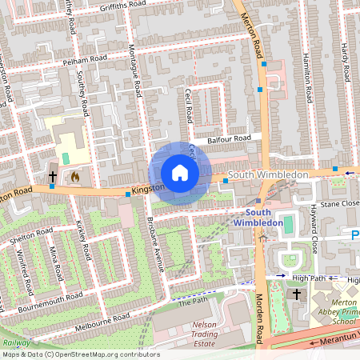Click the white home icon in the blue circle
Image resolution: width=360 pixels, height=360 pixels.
click(180, 173)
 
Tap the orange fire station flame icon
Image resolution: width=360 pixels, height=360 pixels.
click(76, 175)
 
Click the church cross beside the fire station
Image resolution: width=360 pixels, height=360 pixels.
click(53, 175)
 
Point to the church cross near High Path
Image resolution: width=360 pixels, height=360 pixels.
click(297, 294)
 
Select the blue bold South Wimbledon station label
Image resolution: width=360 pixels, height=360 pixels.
click(258, 217)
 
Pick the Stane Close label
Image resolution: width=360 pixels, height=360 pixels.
click(339, 204)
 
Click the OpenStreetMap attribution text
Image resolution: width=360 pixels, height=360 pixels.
click(80, 354)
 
